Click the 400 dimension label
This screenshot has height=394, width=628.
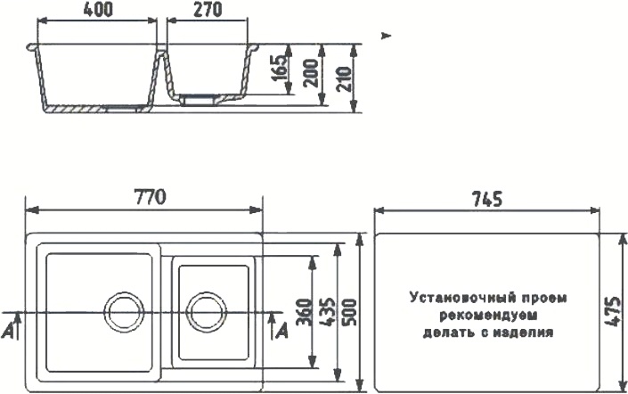pos(98,10)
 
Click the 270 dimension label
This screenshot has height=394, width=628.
pos(208,10)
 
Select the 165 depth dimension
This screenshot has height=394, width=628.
pos(280,68)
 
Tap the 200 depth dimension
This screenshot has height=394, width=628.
pos(311,73)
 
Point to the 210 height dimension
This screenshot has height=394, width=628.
pos(344,79)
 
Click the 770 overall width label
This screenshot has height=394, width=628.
pos(150,198)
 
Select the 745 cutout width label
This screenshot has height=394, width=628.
pos(487,199)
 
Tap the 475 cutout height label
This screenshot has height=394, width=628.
pos(612,312)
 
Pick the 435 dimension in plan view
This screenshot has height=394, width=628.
pos(328,312)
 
